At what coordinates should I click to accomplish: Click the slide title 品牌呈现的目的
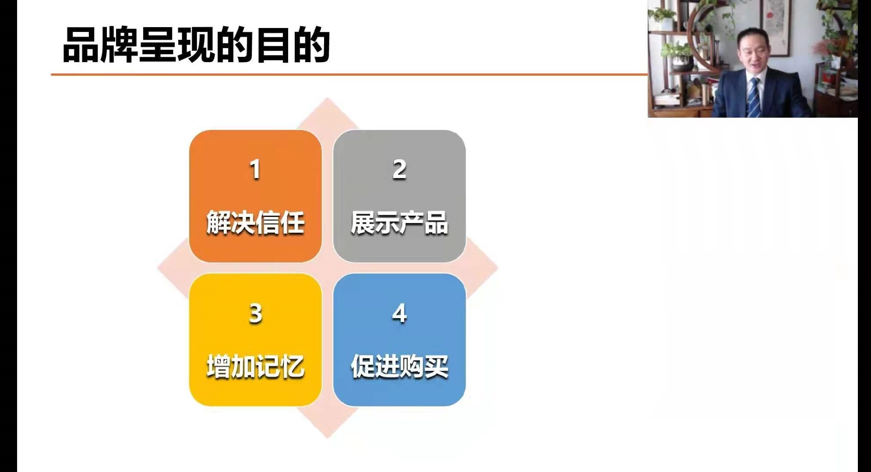(196, 45)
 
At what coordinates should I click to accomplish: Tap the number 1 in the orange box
(255, 169)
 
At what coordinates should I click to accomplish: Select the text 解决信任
(255, 223)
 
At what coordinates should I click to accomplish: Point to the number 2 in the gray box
(399, 169)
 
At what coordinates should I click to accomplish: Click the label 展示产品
(399, 223)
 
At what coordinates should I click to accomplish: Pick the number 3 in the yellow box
(255, 313)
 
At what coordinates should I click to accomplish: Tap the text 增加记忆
(255, 366)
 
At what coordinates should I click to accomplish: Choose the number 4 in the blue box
(399, 313)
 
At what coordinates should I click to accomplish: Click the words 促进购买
(399, 366)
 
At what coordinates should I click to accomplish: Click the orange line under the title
(349, 74)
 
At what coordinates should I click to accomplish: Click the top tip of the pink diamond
(328, 98)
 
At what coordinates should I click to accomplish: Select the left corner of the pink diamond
(158, 268)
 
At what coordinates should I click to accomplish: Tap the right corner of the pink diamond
(497, 268)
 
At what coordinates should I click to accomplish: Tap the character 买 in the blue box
(436, 366)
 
